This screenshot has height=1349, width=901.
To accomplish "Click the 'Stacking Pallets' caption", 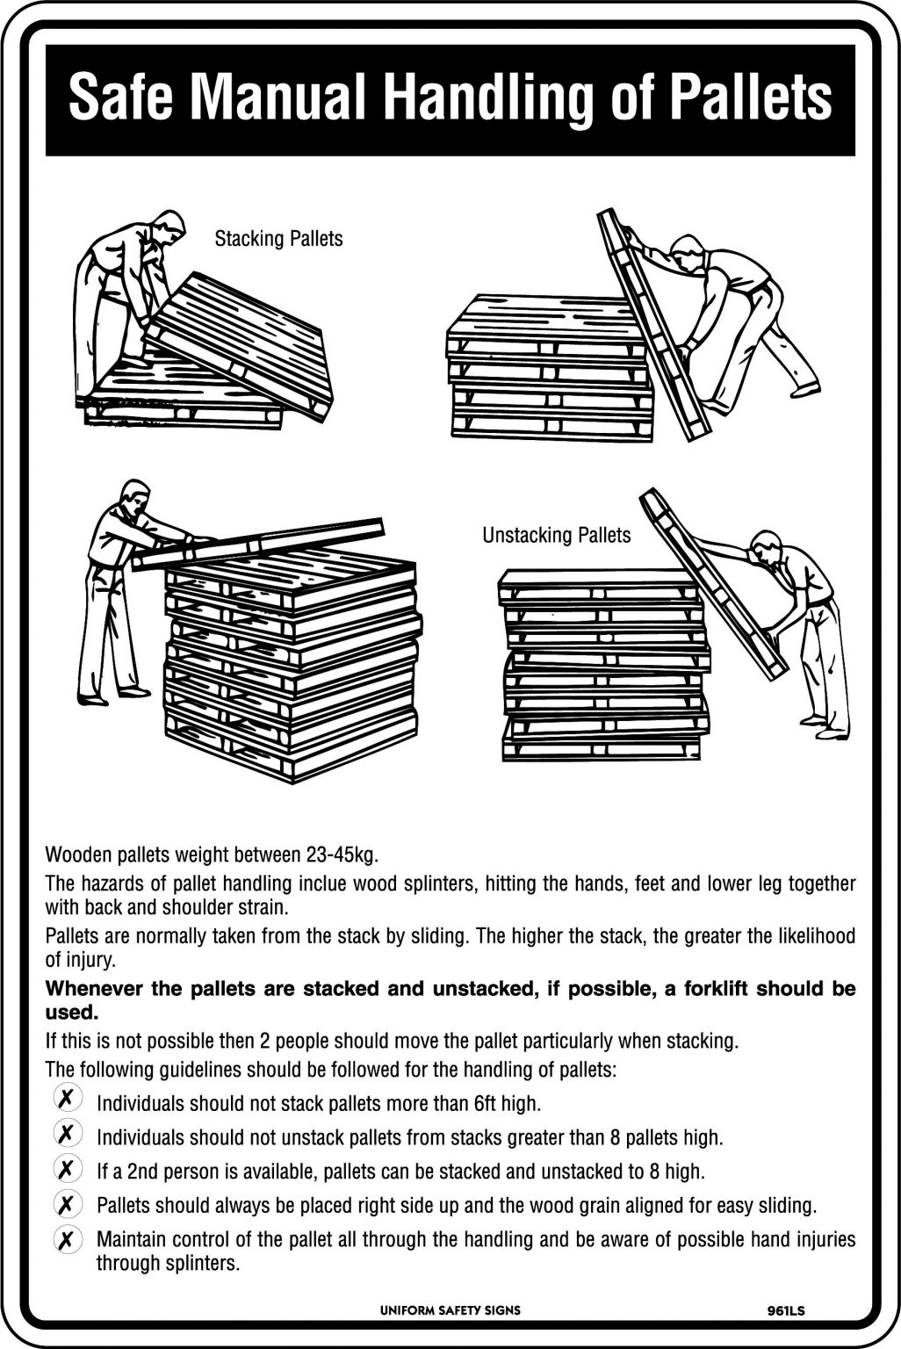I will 278,239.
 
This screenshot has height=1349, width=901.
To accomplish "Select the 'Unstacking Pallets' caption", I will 556,535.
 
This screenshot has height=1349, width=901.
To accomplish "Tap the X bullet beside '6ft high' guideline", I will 66,1099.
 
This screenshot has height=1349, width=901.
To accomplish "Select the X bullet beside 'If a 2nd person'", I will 66,1169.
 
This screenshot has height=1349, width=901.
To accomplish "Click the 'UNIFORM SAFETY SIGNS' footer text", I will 450,1310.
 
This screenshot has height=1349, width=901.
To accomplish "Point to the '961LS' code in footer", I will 785,1312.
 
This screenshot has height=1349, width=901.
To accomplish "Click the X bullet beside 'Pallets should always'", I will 66,1203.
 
